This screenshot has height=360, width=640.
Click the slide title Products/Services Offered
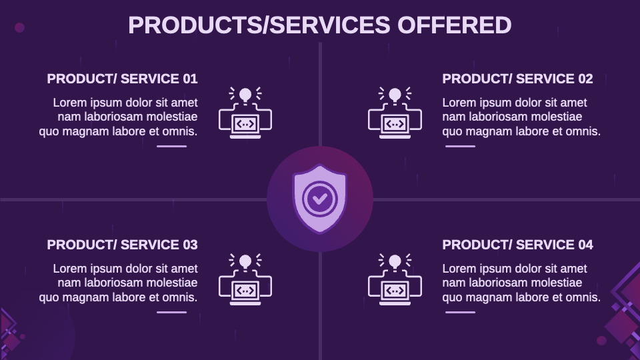pyautogui.click(x=319, y=25)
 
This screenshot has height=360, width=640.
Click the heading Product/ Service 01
pyautogui.click(x=122, y=79)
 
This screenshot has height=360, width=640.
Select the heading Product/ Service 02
pyautogui.click(x=517, y=79)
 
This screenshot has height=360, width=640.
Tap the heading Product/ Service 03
pyautogui.click(x=122, y=245)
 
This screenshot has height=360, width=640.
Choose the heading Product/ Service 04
pyautogui.click(x=517, y=245)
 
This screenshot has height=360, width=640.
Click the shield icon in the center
pyautogui.click(x=320, y=199)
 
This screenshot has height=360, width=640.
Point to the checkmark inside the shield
pyautogui.click(x=320, y=198)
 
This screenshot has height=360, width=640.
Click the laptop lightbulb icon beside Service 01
pyautogui.click(x=245, y=113)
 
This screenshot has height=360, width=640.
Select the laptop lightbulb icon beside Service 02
pyautogui.click(x=395, y=113)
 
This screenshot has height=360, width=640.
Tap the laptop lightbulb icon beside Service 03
pyautogui.click(x=245, y=279)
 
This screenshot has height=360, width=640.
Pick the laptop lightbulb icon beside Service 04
pyautogui.click(x=395, y=279)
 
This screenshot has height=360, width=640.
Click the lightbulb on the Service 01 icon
pyautogui.click(x=245, y=95)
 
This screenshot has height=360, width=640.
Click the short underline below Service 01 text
pyautogui.click(x=172, y=145)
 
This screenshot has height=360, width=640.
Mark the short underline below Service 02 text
pyautogui.click(x=460, y=145)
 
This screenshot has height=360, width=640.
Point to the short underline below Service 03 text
pyautogui.click(x=172, y=311)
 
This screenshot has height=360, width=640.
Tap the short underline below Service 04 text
pyautogui.click(x=460, y=311)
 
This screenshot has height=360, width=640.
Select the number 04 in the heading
pyautogui.click(x=585, y=245)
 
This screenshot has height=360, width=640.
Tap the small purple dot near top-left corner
pyautogui.click(x=19, y=27)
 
